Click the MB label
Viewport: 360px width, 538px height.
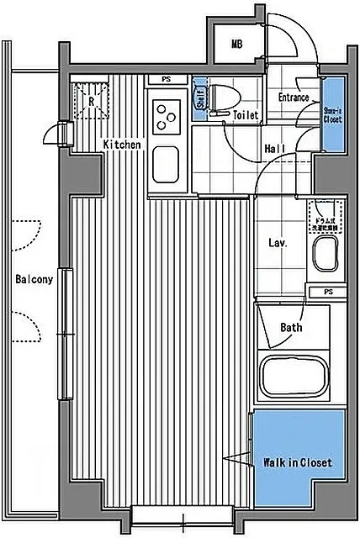[236, 45]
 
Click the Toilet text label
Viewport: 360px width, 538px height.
[246, 115]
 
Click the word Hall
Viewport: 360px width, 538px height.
[274, 148]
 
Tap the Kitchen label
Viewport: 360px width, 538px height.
[122, 145]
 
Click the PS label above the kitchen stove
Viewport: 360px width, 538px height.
[167, 80]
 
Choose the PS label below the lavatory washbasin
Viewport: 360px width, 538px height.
[327, 292]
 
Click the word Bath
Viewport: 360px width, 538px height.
[291, 328]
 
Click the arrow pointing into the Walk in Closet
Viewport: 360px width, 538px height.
[235, 458]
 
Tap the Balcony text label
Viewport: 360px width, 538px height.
[34, 280]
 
